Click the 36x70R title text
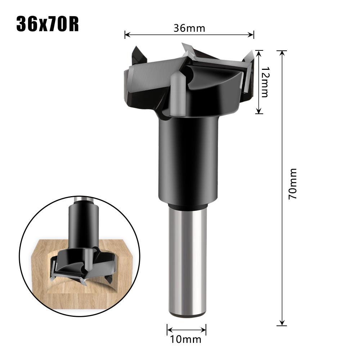48,24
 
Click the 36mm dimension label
189,28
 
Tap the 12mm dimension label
265,82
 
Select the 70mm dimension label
292,184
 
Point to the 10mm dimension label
186,339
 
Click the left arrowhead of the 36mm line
126,35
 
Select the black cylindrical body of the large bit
188,158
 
